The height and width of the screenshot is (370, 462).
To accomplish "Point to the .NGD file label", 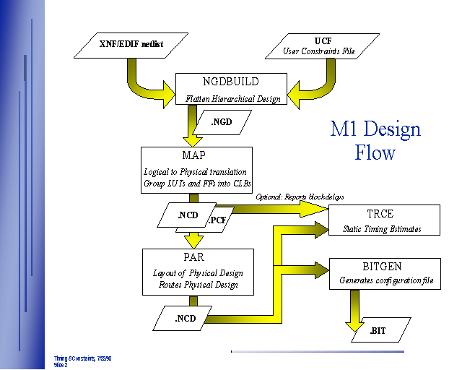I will pyautogui.click(x=222, y=121).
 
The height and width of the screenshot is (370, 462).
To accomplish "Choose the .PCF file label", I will pyautogui.click(x=219, y=220).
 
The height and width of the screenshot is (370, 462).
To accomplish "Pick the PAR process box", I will pyautogui.click(x=198, y=272).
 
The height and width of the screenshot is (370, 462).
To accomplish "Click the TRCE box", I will pyautogui.click(x=383, y=220).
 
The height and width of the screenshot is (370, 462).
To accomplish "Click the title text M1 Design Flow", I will pyautogui.click(x=375, y=141).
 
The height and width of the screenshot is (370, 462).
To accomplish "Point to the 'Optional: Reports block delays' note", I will pyautogui.click(x=300, y=197).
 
